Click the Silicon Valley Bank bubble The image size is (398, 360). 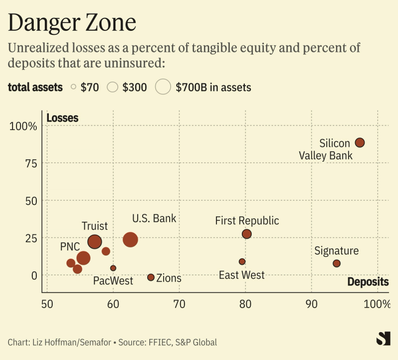[360, 142]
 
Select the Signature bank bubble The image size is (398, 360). [337, 263]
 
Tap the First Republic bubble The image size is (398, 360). [247, 234]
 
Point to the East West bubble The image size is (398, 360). [242, 261]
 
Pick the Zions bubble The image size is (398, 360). [151, 277]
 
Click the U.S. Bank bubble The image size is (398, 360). [130, 240]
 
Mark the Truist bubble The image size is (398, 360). [95, 242]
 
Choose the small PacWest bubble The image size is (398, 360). [113, 268]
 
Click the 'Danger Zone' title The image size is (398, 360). [72, 23]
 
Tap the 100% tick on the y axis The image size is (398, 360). [24, 126]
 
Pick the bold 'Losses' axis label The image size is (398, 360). [62, 118]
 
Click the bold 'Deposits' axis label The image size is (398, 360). [368, 282]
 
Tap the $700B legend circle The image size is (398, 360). [163, 87]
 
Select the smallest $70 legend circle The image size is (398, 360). [74, 87]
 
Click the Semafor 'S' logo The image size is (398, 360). [383, 339]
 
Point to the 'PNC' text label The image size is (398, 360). [70, 246]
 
